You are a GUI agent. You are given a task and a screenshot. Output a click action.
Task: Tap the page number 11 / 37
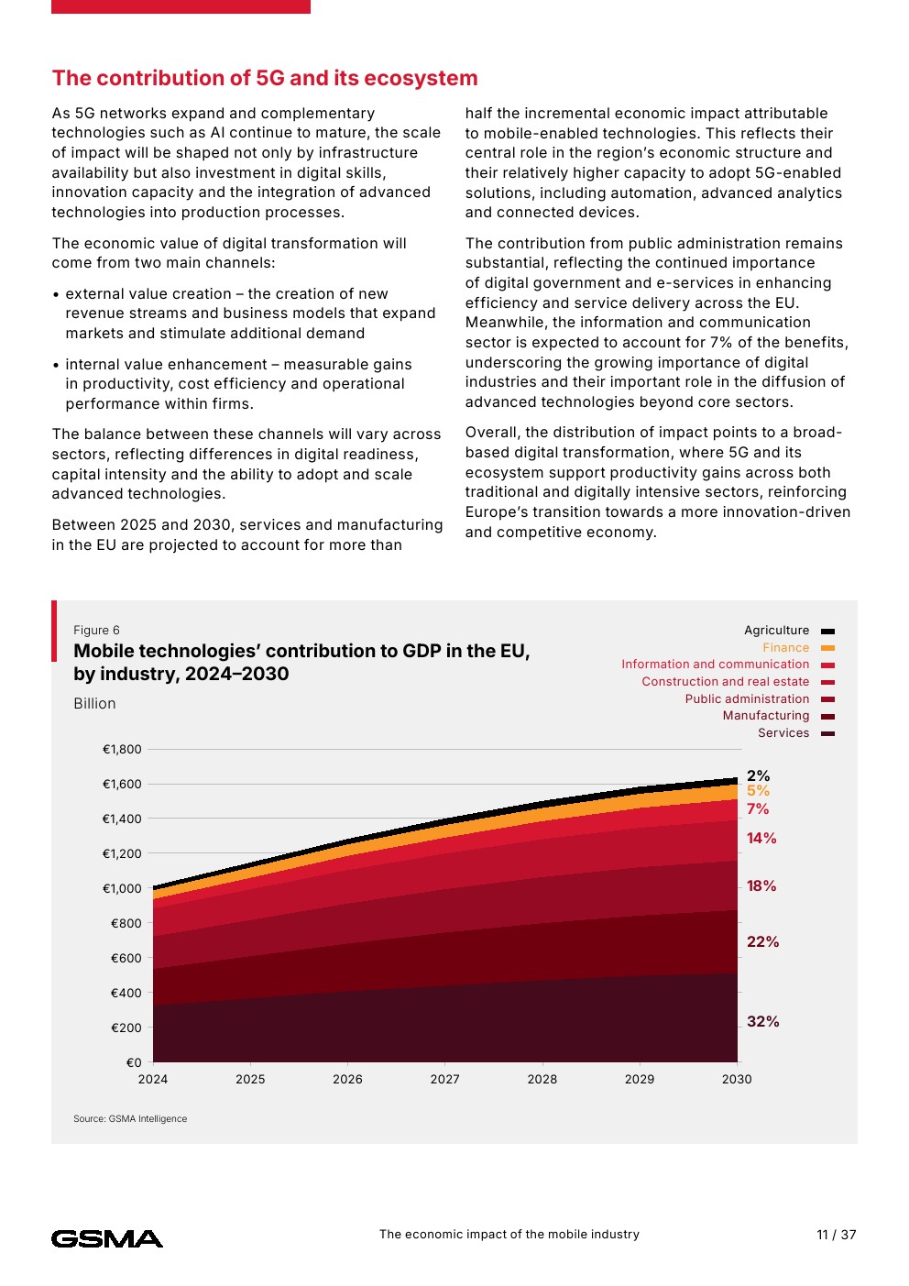point(836,1235)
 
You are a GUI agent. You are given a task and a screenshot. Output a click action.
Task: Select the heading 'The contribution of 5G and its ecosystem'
point(265,78)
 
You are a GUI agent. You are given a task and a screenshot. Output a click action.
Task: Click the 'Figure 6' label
point(96,630)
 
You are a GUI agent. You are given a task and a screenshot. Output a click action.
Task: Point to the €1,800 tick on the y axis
point(122,749)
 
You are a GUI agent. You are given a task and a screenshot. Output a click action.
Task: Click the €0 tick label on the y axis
point(134,1062)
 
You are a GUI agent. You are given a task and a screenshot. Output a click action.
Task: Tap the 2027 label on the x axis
point(444,1080)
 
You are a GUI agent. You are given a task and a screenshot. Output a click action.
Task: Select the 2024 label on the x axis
point(153,1080)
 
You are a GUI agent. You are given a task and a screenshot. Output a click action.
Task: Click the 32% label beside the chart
point(762,1021)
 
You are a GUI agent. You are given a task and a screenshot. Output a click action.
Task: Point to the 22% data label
point(762,941)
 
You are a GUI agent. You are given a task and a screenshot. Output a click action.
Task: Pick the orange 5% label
point(758,790)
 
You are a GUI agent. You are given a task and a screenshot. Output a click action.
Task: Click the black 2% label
point(758,775)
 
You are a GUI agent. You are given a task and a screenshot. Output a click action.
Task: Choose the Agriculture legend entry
point(789,631)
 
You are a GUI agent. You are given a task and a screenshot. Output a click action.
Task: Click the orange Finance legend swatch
point(827,648)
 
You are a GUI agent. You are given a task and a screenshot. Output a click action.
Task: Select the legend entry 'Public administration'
point(760,698)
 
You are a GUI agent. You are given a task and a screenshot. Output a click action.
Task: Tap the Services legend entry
point(796,733)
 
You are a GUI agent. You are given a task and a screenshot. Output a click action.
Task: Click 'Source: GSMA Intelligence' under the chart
point(130,1118)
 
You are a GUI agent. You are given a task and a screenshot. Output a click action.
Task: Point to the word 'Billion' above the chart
point(94,703)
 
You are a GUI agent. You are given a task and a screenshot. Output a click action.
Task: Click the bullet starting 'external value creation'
point(244,313)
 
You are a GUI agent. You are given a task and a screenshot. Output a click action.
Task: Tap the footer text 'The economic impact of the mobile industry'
point(509,1235)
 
